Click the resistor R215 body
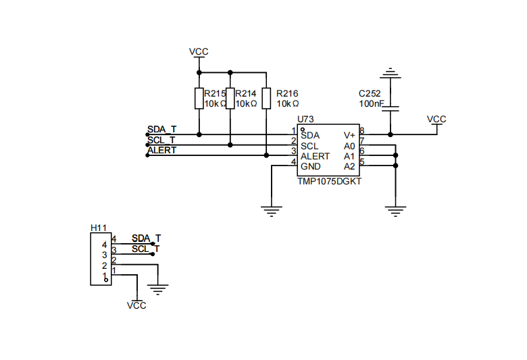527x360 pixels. [x=199, y=99]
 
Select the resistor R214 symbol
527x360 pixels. [x=230, y=99]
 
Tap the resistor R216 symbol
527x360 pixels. [x=267, y=99]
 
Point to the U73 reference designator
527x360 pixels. [x=305, y=120]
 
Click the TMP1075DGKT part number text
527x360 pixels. [x=329, y=182]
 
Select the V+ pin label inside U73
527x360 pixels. [x=349, y=135]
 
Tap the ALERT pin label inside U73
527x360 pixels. [x=316, y=156]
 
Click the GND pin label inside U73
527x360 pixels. [x=311, y=166]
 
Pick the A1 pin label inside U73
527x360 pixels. [x=349, y=156]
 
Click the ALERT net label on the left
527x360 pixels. [x=162, y=150]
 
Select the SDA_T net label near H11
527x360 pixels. [x=146, y=238]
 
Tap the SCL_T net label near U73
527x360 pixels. [x=162, y=140]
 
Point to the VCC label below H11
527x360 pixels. [x=136, y=305]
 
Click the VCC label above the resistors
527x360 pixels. [x=199, y=52]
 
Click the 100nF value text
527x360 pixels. [x=372, y=104]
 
